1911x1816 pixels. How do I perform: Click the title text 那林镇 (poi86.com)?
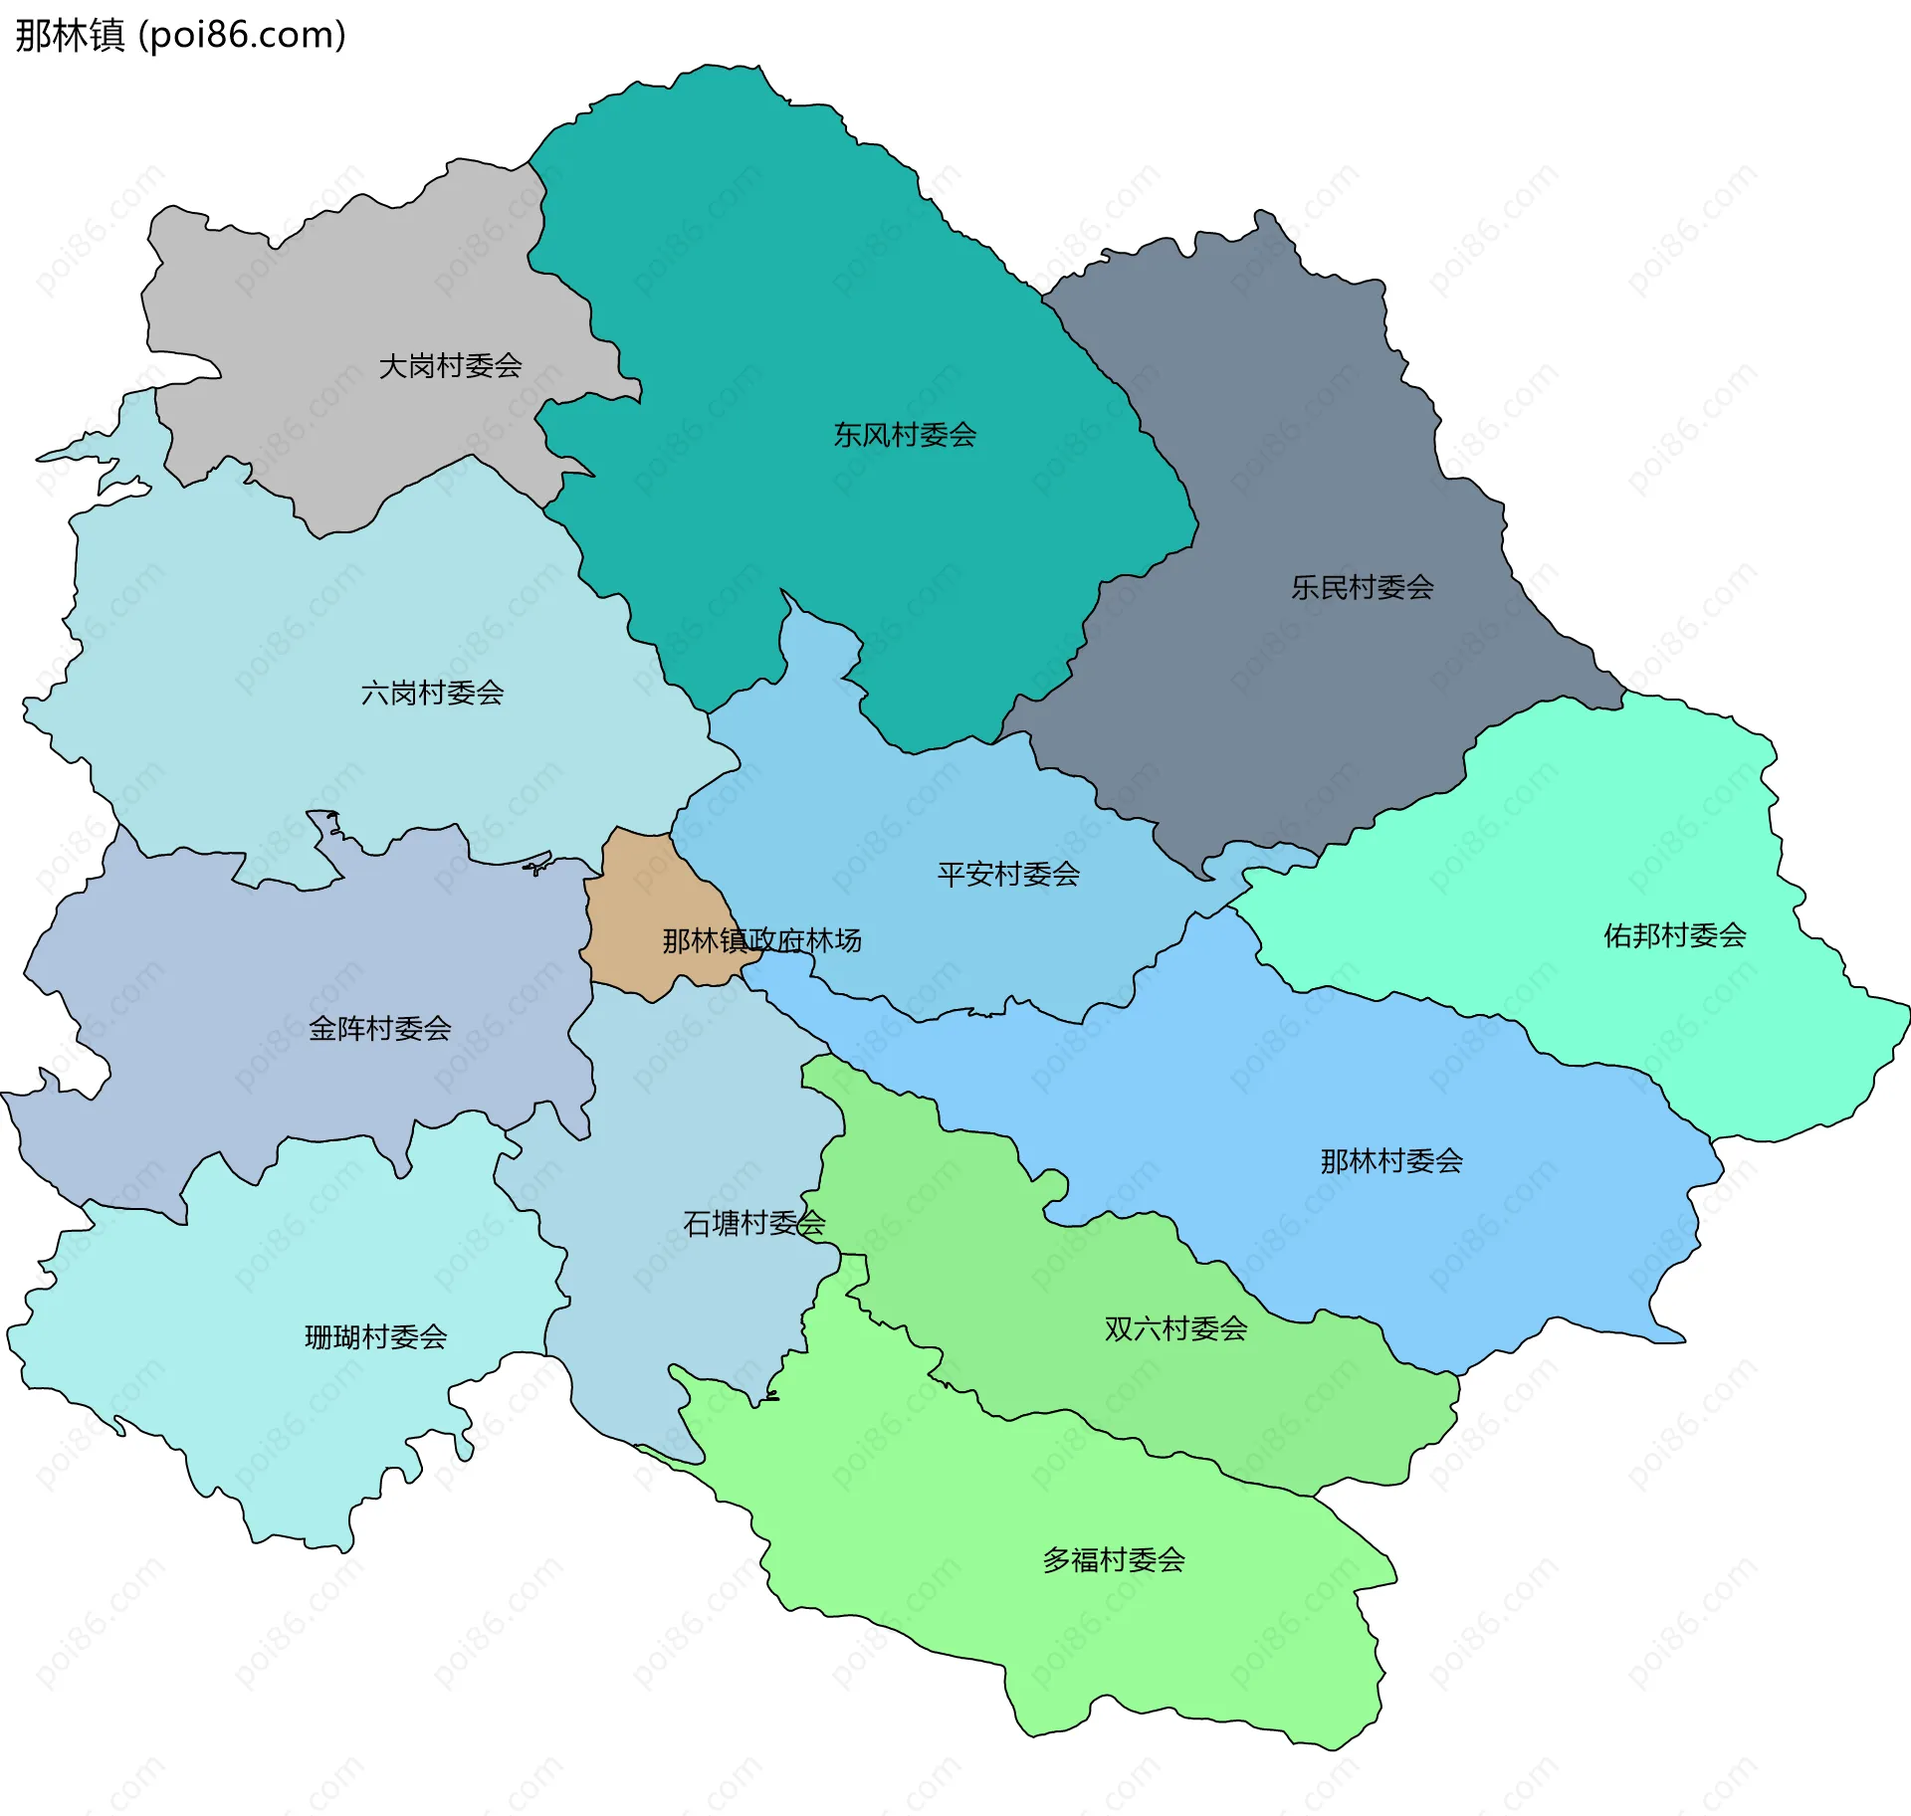(x=180, y=35)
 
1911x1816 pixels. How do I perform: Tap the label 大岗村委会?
(x=450, y=366)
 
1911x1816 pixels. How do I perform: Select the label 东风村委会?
(x=905, y=435)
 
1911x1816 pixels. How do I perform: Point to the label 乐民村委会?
(x=1362, y=587)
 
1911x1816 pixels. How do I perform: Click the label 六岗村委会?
(x=432, y=693)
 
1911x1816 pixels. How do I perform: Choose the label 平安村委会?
(x=1008, y=874)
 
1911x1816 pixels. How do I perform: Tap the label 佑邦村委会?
(x=1674, y=935)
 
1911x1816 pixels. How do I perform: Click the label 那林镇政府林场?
(x=761, y=940)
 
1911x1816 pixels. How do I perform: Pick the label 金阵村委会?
(x=379, y=1028)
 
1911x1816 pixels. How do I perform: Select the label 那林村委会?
(x=1390, y=1160)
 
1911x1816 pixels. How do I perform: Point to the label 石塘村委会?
(x=753, y=1223)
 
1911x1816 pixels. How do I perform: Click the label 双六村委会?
(x=1174, y=1328)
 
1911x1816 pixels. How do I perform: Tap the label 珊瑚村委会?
(x=375, y=1336)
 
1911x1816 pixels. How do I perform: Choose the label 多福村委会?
(x=1113, y=1559)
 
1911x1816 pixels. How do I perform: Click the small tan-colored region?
(x=637, y=896)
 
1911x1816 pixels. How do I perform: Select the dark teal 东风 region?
(x=796, y=299)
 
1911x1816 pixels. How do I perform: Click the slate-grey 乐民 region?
(x=1294, y=418)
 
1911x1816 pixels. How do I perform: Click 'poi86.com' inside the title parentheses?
(x=242, y=35)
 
